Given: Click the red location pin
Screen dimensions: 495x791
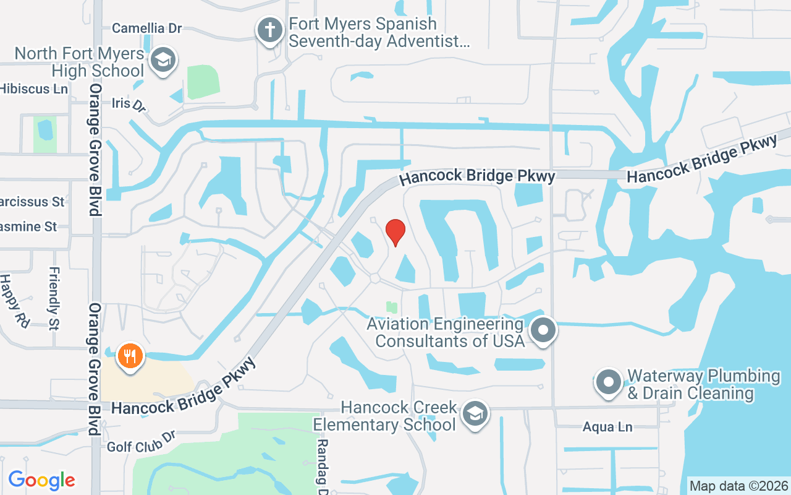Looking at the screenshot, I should coord(395,232).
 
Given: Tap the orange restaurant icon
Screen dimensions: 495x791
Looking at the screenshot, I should coord(130,356).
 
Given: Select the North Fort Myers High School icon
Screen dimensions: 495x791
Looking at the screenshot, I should coord(163,60).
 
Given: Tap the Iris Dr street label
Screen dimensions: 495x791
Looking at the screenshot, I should coord(129,103).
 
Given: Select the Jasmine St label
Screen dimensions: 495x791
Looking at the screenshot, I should coord(28,227).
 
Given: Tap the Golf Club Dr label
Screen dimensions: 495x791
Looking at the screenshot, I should coord(142,442).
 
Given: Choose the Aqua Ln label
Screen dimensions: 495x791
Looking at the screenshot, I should coord(607,427).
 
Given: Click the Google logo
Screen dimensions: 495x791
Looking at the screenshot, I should coord(41,480).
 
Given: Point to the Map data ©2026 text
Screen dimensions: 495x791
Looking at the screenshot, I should coord(738,486).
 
